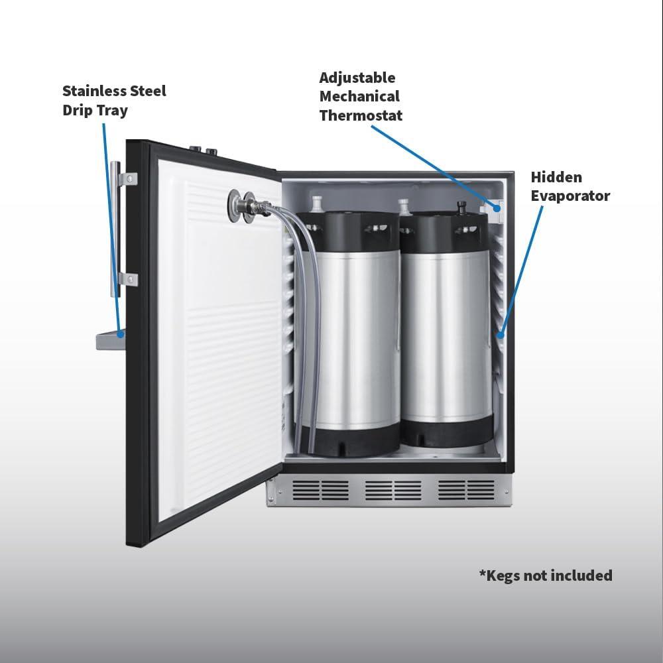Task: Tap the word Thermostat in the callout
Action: pyautogui.click(x=361, y=115)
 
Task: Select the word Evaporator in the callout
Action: pyautogui.click(x=570, y=196)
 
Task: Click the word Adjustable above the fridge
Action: pyautogui.click(x=357, y=78)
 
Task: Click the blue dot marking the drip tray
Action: pyautogui.click(x=121, y=334)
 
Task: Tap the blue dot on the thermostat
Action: pyautogui.click(x=497, y=208)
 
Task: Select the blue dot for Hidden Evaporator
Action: pyautogui.click(x=500, y=335)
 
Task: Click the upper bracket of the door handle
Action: pyautogui.click(x=128, y=179)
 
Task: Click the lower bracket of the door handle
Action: pyautogui.click(x=128, y=279)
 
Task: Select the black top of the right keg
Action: pyautogui.click(x=444, y=233)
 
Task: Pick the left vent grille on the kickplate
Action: pyautogui.click(x=321, y=490)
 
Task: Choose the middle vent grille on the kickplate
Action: pyautogui.click(x=393, y=490)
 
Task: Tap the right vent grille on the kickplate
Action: pyautogui.click(x=466, y=490)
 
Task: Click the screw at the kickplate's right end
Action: pyautogui.click(x=506, y=492)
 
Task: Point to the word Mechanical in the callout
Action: pyautogui.click(x=359, y=96)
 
